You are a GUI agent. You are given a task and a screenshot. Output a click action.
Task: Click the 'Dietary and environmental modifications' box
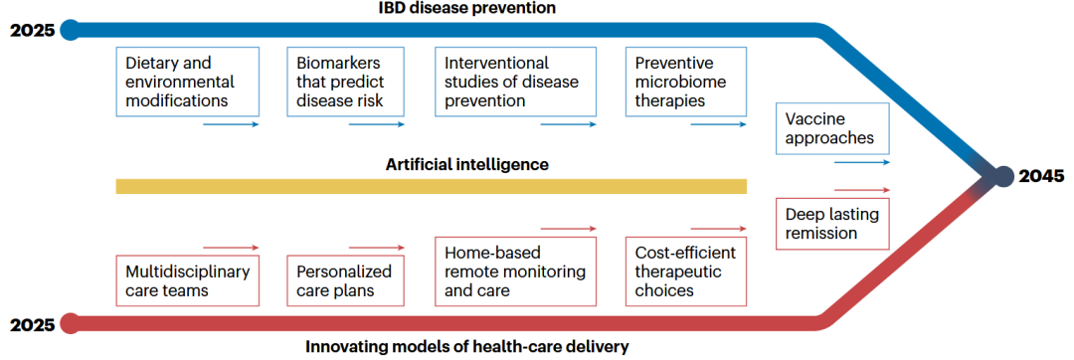[x=188, y=82]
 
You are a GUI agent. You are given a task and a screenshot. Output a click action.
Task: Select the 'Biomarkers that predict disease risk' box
[x=345, y=82]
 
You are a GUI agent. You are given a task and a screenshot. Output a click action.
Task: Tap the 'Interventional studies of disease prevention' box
[x=515, y=82]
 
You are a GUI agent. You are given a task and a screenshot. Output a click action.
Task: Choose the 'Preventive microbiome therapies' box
[x=685, y=82]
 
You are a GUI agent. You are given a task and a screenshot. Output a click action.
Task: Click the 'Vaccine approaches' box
[x=832, y=128]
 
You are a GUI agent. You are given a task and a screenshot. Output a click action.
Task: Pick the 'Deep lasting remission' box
[x=832, y=223]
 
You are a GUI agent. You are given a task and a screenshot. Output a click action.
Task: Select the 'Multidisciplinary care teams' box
[x=188, y=280]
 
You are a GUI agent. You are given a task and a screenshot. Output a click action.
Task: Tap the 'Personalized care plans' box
[x=345, y=280]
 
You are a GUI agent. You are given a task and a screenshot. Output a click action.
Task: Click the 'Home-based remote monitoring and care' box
[x=515, y=271]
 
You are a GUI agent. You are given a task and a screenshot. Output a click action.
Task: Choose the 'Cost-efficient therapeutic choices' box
[x=685, y=271]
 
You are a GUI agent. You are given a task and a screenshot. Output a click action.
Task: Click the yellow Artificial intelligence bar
[x=431, y=186]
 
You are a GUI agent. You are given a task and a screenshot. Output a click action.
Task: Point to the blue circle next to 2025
[x=70, y=30]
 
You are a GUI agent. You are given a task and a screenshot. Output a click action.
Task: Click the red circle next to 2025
[x=70, y=323]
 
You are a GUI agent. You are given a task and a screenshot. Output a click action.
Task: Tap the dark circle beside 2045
[x=1003, y=177]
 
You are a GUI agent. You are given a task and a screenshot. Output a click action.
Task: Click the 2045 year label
[x=1042, y=177]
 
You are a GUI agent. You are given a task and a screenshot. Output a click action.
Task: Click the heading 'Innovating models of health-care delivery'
[x=466, y=346]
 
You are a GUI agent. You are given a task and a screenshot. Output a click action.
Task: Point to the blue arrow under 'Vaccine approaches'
[x=861, y=162]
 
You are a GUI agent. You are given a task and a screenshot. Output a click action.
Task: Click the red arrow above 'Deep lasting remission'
[x=861, y=190]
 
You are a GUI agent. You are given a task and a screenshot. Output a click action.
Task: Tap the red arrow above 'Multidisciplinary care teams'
[x=232, y=247]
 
